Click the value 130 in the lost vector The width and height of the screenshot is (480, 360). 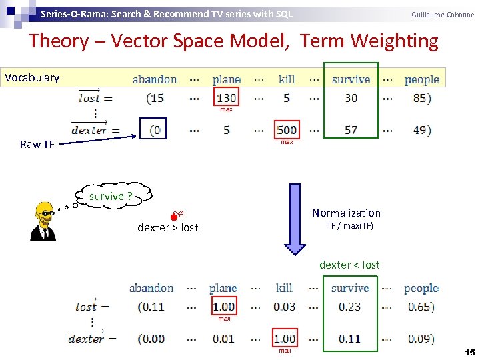coord(226,98)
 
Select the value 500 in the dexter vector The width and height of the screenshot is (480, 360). coord(287,130)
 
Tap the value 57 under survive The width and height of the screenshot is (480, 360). coord(351,130)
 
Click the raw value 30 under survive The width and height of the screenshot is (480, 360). coord(351,98)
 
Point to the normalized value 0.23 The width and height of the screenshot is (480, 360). coord(350,307)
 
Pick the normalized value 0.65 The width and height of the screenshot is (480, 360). coord(420,307)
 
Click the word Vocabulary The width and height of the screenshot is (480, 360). coord(32,78)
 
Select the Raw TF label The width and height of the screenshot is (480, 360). coord(37,145)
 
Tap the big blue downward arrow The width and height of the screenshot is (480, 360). coord(294,220)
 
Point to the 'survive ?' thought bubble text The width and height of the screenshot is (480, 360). coord(111,196)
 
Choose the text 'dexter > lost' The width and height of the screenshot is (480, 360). coord(168,227)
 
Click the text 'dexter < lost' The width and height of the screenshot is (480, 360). coord(349,265)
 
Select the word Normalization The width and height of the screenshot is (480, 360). coord(347,213)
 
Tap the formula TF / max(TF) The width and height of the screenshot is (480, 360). coord(349,226)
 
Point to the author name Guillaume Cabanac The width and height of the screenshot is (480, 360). coord(443,14)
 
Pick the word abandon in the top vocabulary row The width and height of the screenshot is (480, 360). coord(155,79)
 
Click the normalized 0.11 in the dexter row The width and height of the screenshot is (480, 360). coord(350,339)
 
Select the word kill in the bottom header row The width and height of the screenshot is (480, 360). coord(284,288)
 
